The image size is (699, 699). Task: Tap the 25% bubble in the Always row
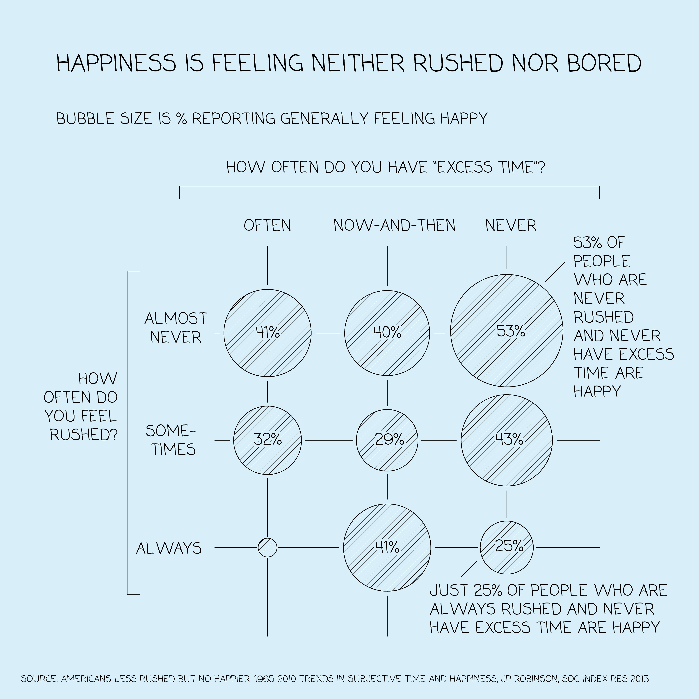[507, 547]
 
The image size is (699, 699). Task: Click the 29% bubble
[387, 440]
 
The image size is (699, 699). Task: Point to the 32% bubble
[267, 440]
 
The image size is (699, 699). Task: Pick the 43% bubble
[507, 440]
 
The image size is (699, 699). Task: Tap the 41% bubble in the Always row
[387, 547]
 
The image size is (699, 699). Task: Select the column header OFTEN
[267, 225]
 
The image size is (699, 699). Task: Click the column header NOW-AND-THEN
[394, 225]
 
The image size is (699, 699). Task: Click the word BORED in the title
[604, 63]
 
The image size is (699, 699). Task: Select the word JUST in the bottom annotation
[449, 590]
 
